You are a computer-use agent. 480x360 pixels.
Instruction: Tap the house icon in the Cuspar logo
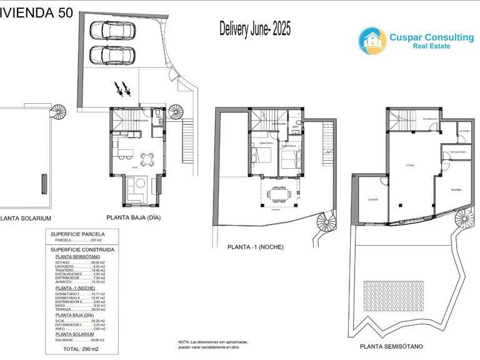pyautogui.click(x=372, y=41)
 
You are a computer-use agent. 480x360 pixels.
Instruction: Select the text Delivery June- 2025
pyautogui.click(x=255, y=28)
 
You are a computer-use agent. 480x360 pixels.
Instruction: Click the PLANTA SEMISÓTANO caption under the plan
pyautogui.click(x=391, y=346)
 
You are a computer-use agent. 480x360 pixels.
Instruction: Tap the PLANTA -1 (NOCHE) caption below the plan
pyautogui.click(x=255, y=247)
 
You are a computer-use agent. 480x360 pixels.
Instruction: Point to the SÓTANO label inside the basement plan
pyautogui.click(x=410, y=165)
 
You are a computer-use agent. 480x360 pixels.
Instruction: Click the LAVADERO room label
pyautogui.click(x=464, y=131)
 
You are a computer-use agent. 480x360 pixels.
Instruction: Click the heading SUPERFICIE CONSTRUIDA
pyautogui.click(x=78, y=249)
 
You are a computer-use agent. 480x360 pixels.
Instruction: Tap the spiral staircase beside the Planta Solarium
pyautogui.click(x=58, y=112)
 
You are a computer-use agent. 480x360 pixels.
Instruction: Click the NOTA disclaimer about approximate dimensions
pyautogui.click(x=212, y=345)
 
